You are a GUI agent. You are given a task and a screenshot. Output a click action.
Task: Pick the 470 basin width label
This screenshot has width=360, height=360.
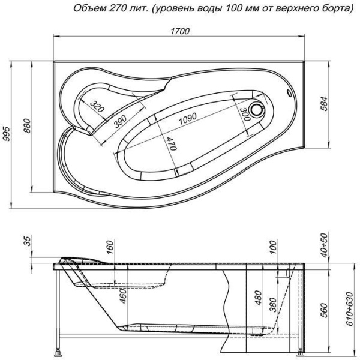click(x=170, y=144)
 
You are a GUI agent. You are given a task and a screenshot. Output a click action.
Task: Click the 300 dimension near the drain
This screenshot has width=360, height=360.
click(x=244, y=112)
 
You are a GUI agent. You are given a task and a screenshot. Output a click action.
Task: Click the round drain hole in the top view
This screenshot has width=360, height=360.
click(x=259, y=110)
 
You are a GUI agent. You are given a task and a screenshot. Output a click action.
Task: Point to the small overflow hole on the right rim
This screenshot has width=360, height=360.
click(x=292, y=93)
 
